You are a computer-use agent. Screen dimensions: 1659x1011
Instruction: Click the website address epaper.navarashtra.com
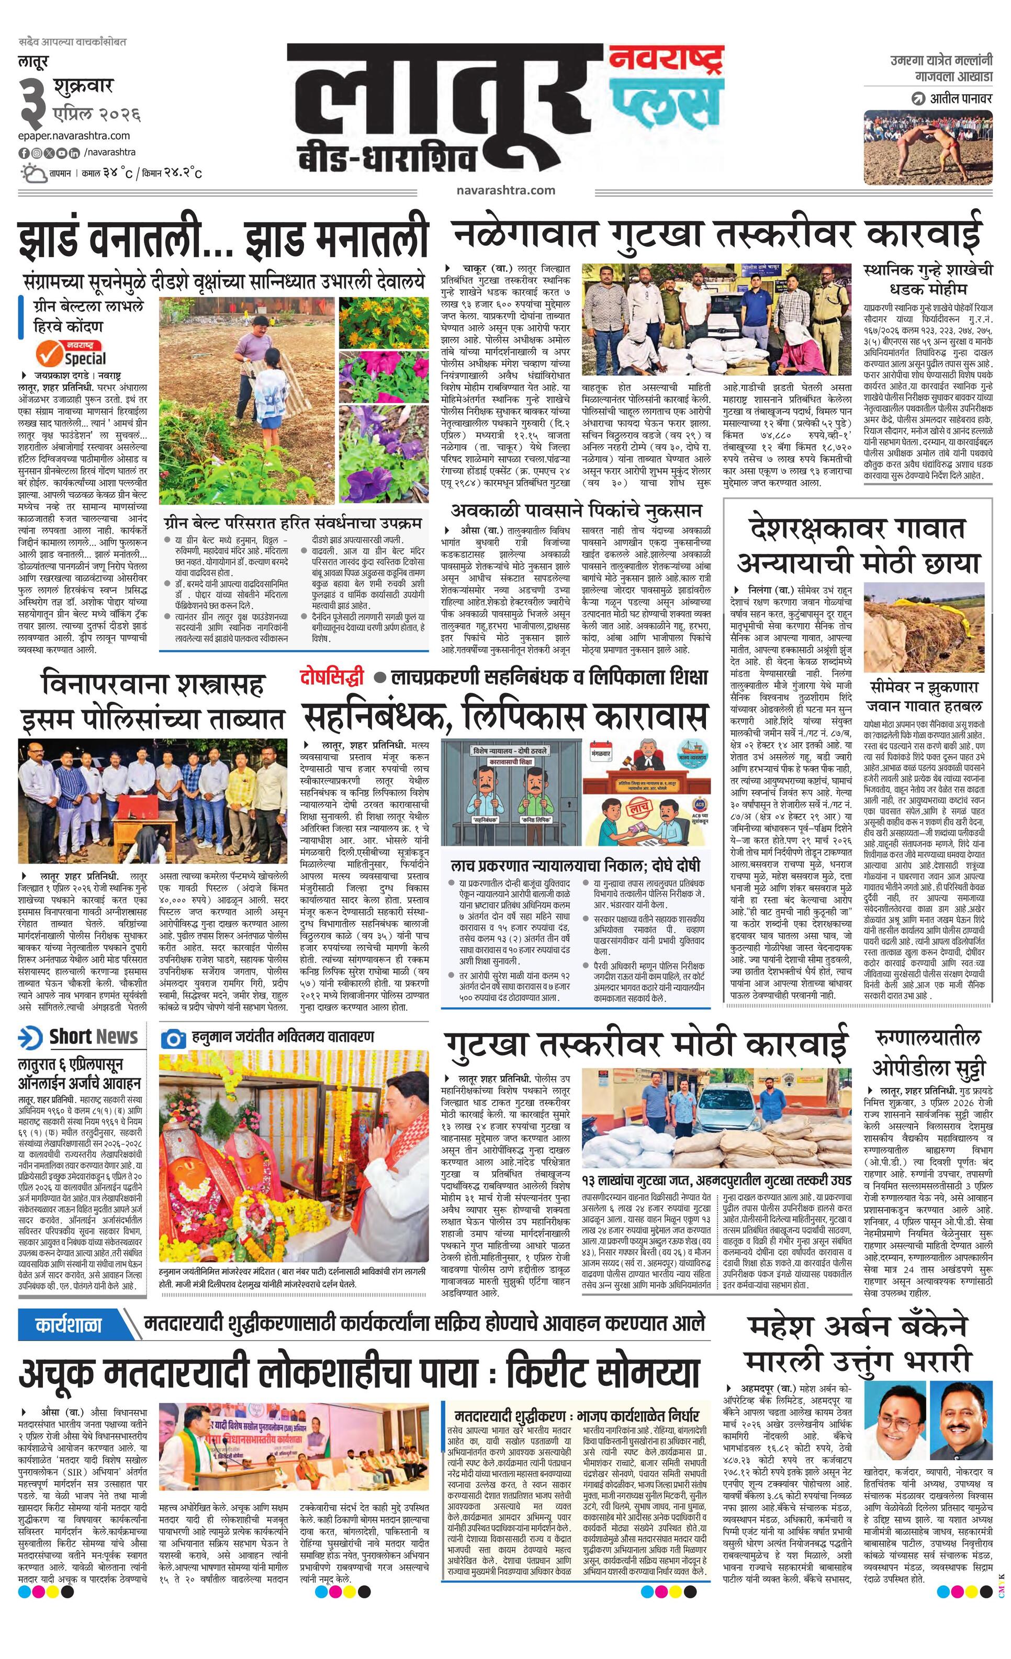tap(74, 136)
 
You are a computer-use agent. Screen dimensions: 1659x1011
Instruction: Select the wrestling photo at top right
tap(927, 147)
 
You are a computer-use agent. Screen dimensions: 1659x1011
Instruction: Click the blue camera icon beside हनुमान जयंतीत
tap(174, 1038)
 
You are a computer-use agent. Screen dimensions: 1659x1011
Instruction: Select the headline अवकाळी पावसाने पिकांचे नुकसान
tap(576, 510)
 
